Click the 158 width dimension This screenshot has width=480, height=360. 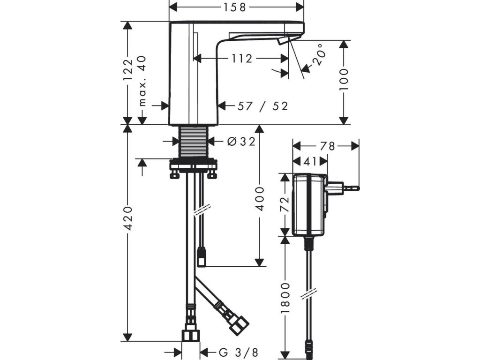[235, 7]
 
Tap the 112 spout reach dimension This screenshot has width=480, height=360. [242, 59]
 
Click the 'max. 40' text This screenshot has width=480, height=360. [142, 81]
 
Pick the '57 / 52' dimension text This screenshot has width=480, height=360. [262, 106]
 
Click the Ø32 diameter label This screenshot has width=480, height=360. [241, 141]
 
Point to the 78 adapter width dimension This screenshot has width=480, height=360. [328, 146]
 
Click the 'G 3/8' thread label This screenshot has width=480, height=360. [239, 352]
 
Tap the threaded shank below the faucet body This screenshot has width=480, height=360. [193, 142]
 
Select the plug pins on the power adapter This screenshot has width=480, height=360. [349, 188]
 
